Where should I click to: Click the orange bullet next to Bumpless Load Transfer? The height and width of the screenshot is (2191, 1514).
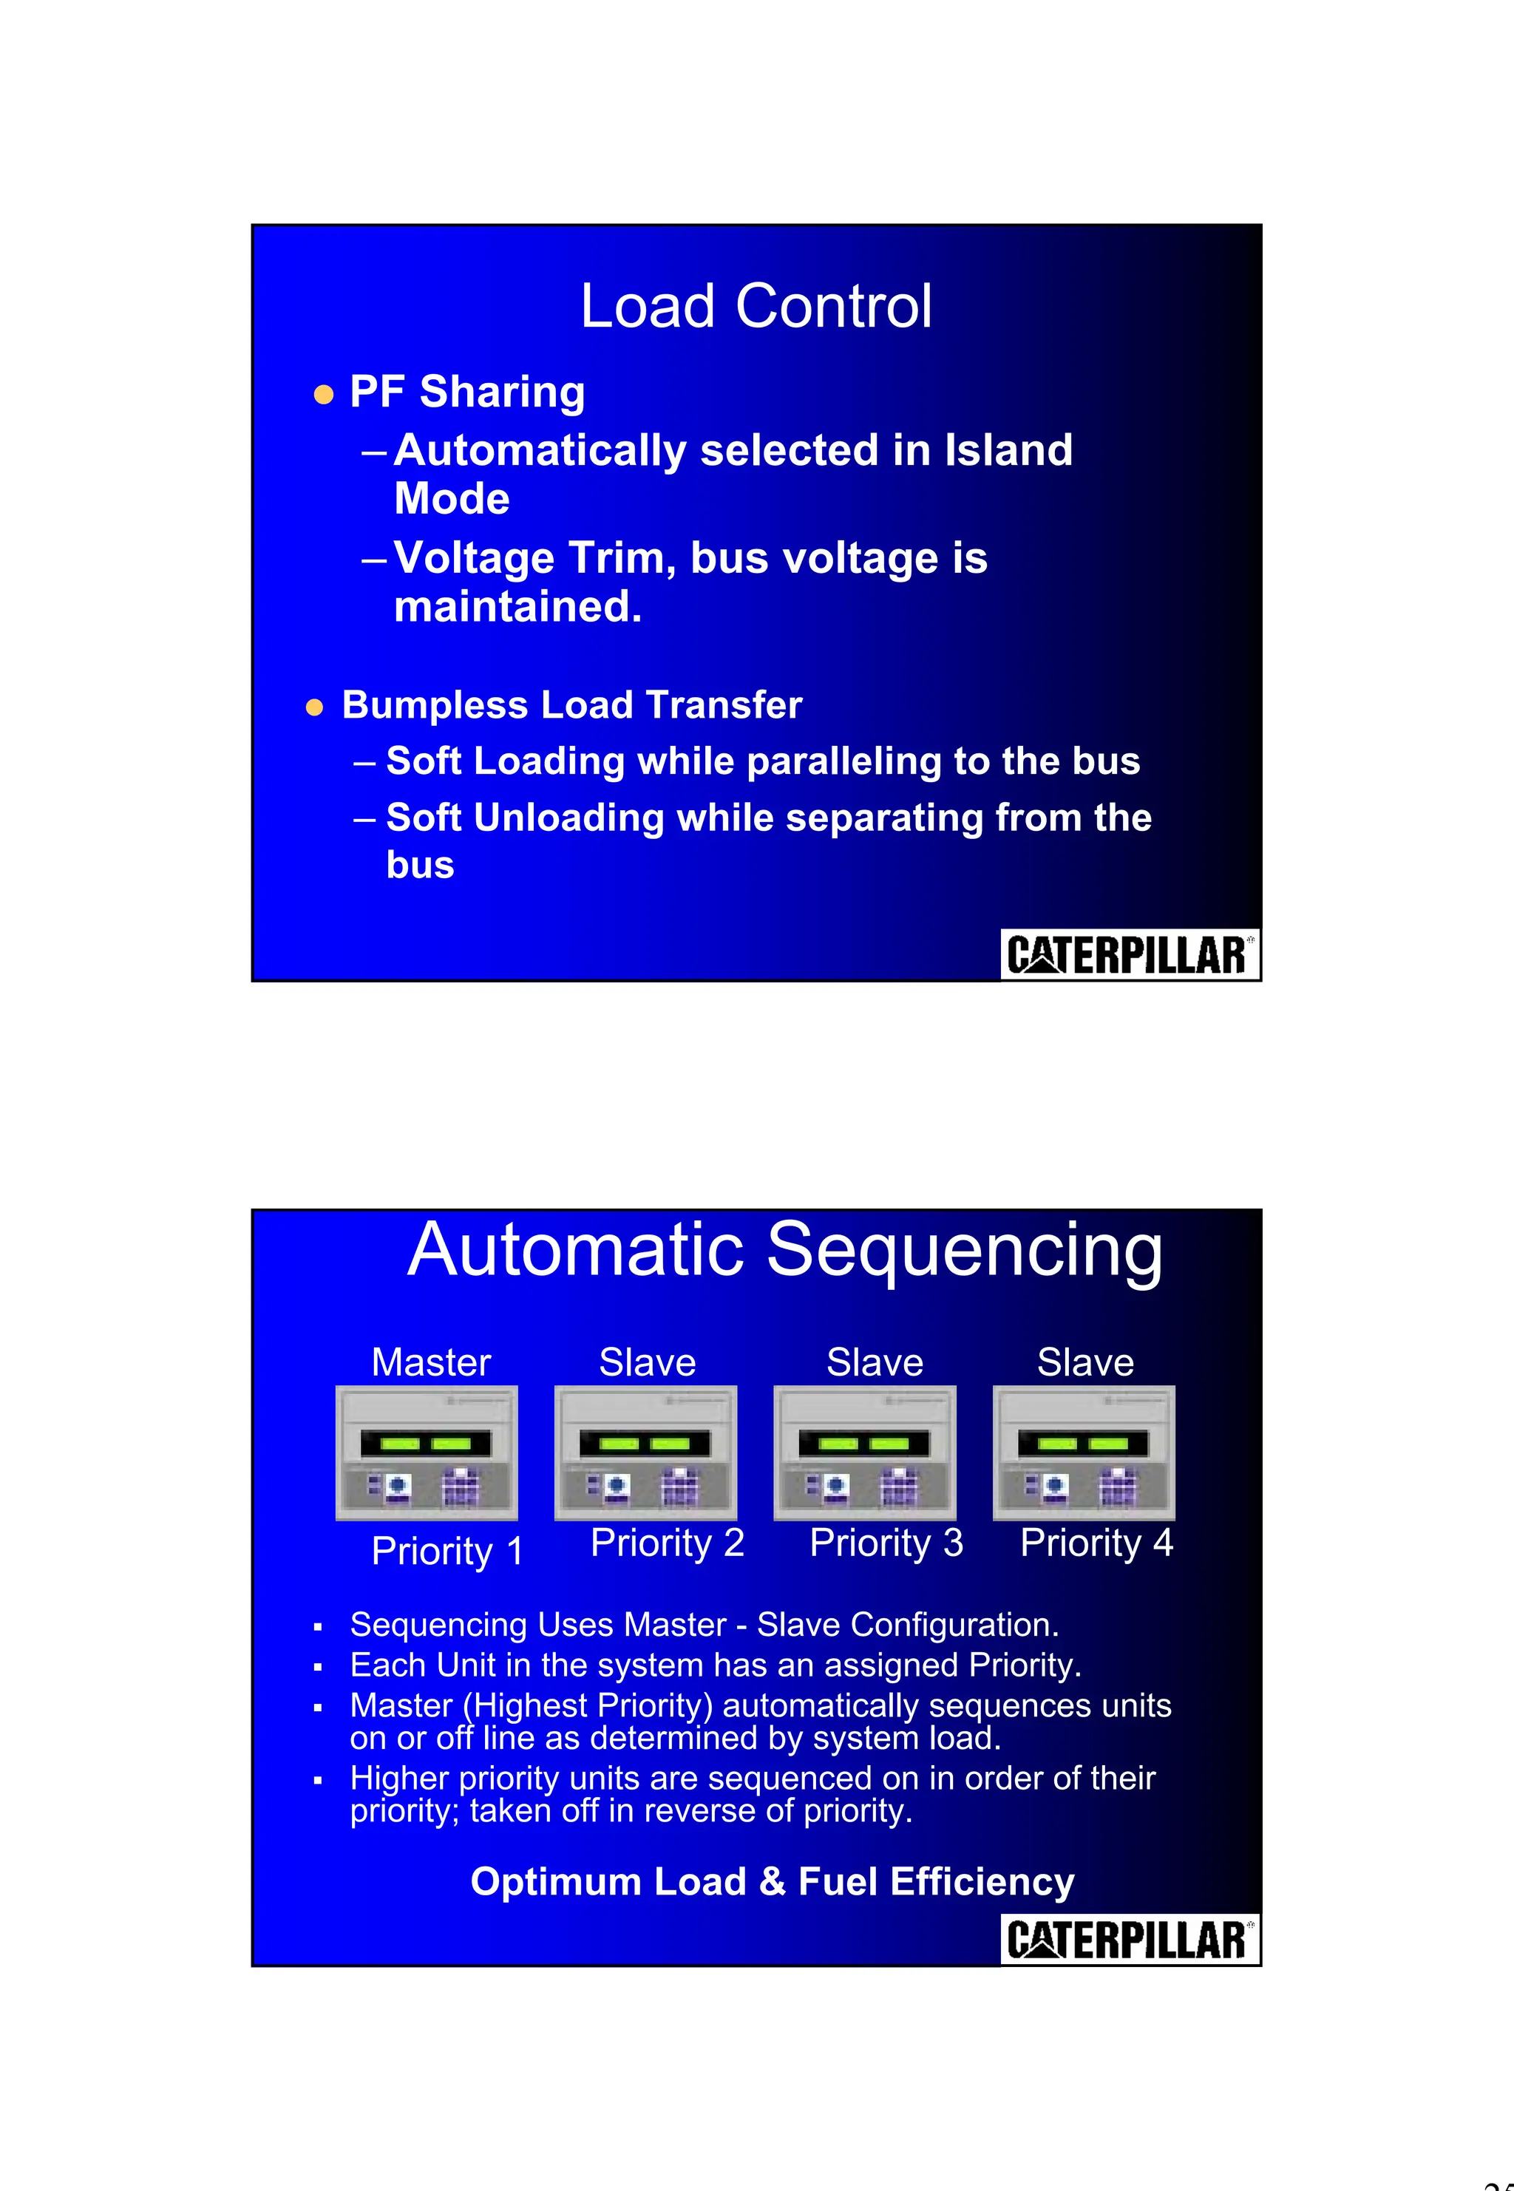(315, 707)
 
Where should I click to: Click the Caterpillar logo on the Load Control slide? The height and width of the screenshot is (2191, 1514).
(1129, 954)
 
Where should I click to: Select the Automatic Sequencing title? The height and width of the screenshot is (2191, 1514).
(784, 1250)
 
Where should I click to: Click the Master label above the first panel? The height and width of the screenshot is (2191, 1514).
(431, 1362)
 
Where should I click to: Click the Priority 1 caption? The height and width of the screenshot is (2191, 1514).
(447, 1552)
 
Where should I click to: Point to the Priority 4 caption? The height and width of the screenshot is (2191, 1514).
(1096, 1543)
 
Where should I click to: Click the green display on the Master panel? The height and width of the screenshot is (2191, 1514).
(426, 1444)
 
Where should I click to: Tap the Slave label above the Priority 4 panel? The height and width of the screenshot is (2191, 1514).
(1084, 1362)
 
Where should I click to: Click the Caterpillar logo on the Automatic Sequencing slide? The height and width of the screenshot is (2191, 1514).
(1129, 1939)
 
